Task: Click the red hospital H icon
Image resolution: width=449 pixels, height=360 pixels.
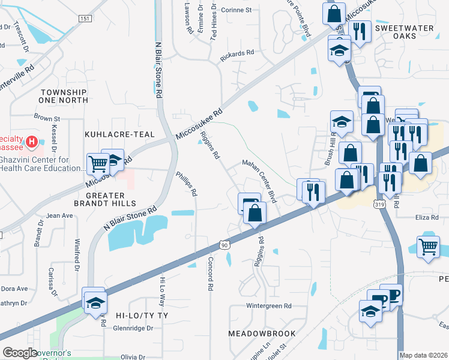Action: coord(33,143)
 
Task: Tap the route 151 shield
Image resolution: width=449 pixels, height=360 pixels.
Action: coord(85,19)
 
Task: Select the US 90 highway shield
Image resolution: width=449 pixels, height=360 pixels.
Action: coord(224,245)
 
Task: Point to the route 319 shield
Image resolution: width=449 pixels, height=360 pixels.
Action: coord(380,205)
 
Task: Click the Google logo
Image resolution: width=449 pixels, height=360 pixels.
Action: coord(20,353)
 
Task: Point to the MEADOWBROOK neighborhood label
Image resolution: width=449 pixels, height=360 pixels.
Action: coord(262,333)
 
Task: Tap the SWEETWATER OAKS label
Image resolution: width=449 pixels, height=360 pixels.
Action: coord(403,33)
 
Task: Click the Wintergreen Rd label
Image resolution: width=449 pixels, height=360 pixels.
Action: coord(269,305)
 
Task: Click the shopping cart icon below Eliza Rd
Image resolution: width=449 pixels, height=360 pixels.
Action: coord(428,246)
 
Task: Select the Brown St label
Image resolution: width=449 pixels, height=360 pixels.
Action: coord(47,118)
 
